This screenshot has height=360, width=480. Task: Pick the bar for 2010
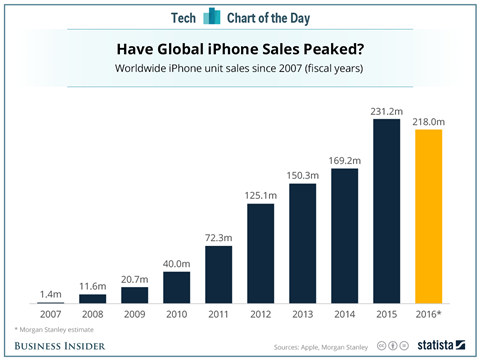(176, 286)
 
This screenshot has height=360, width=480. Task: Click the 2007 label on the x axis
(51, 312)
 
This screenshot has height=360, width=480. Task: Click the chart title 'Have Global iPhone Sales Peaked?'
(239, 48)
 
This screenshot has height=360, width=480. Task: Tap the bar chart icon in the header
(212, 15)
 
